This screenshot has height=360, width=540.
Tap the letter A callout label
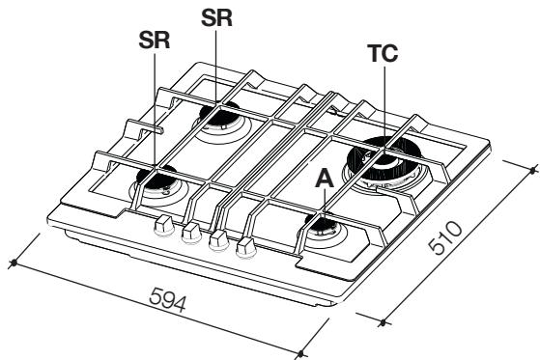coord(325,179)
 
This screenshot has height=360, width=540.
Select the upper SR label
coord(216,18)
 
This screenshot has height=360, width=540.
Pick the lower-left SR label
coord(155,41)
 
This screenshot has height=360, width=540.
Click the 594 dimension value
coord(168,299)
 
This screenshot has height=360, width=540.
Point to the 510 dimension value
coord(444,238)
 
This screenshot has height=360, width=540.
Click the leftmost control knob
coord(163,225)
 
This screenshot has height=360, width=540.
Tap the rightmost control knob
coord(246,248)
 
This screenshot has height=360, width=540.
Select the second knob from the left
coord(191,233)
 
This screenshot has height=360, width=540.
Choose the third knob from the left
coord(219,240)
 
